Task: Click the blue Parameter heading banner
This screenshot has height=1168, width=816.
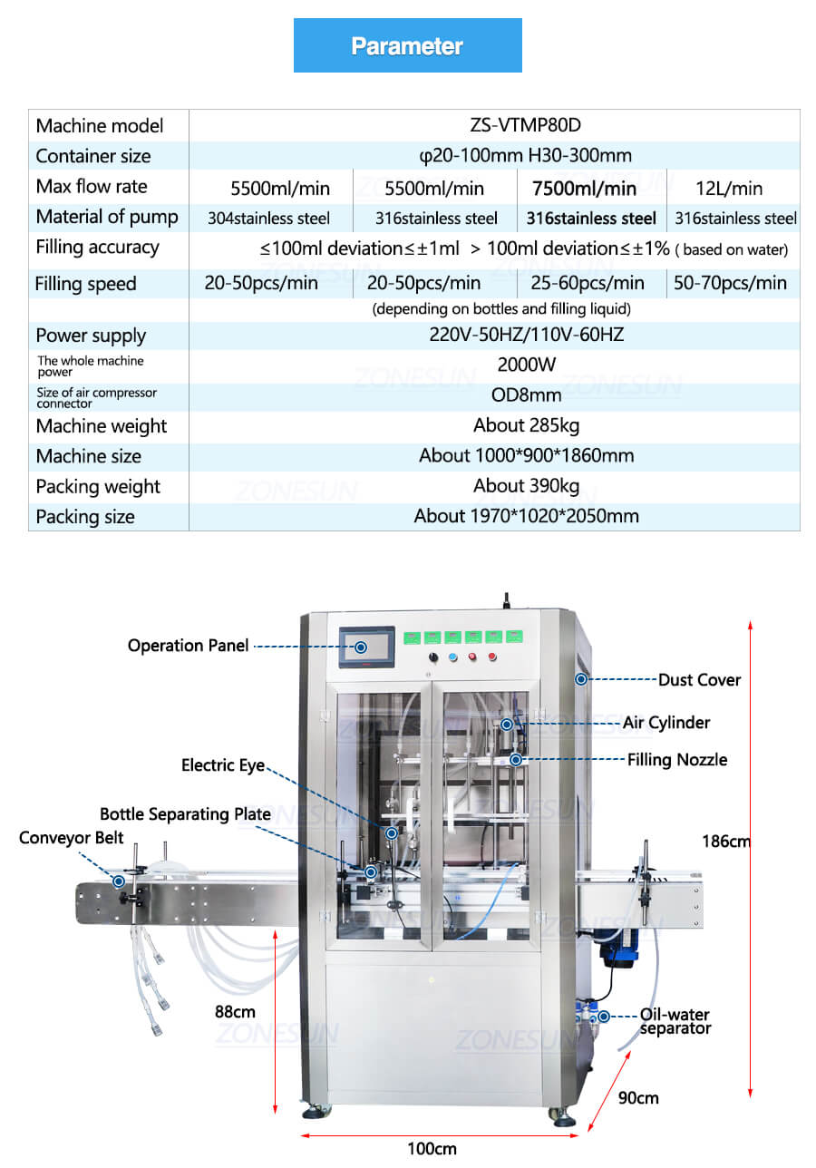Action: [407, 45]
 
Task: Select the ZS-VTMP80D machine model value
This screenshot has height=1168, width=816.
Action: [525, 125]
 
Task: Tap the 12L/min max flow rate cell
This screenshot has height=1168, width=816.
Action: [729, 189]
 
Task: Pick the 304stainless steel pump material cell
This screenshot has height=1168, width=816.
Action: [268, 218]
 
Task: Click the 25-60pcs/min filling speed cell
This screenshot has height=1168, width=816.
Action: [588, 283]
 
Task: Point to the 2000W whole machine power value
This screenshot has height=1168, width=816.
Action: [527, 365]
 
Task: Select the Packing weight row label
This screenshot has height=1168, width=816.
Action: [98, 486]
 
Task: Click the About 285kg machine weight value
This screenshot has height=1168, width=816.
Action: [527, 425]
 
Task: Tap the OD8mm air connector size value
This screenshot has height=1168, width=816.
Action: [527, 394]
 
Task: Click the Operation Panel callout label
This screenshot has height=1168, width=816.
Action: [188, 646]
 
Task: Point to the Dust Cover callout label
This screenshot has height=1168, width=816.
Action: [699, 680]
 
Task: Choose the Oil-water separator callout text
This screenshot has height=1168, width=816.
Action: [675, 1021]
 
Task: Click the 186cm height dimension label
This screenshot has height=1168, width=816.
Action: [725, 841]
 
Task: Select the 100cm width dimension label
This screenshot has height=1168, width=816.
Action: [432, 1149]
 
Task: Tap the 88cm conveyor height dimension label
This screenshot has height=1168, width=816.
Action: [235, 1012]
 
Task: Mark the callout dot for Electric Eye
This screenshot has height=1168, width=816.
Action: [392, 833]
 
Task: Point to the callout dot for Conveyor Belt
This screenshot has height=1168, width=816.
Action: [119, 881]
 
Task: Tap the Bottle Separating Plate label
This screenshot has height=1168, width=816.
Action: [185, 814]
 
